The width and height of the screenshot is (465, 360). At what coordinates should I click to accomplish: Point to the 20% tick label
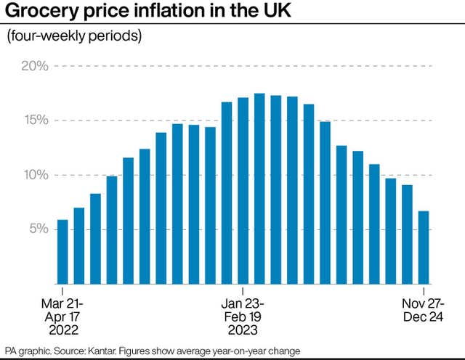(x=34, y=66)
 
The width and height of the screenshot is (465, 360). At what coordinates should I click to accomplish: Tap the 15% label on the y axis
(x=34, y=120)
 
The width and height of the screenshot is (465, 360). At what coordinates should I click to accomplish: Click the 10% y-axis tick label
(x=34, y=175)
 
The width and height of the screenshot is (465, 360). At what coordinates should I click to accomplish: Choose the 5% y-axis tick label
(x=38, y=229)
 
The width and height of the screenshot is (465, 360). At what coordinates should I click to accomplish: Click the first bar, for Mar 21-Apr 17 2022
(x=62, y=251)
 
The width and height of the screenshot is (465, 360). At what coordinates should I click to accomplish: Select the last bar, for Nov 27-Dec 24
(x=424, y=247)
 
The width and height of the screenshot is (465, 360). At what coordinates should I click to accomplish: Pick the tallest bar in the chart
(x=259, y=189)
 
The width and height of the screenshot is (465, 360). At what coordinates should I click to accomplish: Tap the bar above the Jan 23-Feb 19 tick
(x=243, y=190)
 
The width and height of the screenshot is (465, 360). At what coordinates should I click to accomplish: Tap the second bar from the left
(x=79, y=245)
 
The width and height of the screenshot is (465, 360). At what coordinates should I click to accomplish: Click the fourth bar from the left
(x=112, y=229)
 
